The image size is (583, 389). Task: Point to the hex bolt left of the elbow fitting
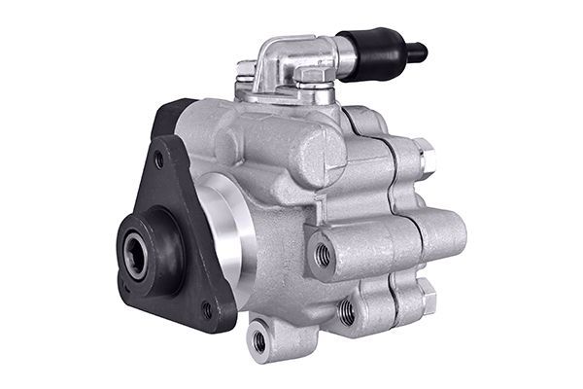click(x=247, y=70)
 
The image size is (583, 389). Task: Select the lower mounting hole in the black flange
click(x=206, y=310)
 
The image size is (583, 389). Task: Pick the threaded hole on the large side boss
click(x=323, y=256)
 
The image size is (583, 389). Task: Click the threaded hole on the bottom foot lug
click(x=259, y=341)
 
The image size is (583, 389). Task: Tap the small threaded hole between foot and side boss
click(x=347, y=311)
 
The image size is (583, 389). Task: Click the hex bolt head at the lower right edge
click(x=425, y=293)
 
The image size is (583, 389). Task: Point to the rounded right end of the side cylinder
click(x=453, y=233)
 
